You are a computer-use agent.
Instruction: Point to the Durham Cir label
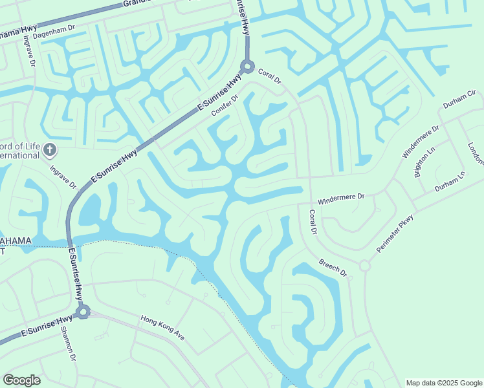[459, 99]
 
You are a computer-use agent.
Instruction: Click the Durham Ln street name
[450, 181]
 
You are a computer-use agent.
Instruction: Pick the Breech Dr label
[333, 268]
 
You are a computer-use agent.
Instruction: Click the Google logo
[21, 380]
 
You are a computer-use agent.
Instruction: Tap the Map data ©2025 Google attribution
[444, 383]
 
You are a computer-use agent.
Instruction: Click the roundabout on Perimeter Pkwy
[364, 266]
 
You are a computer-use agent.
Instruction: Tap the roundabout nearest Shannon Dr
[82, 312]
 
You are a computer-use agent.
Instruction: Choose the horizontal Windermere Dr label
[342, 196]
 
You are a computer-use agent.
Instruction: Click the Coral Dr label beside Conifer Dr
[270, 77]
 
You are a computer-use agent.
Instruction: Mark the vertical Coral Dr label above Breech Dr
[313, 222]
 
